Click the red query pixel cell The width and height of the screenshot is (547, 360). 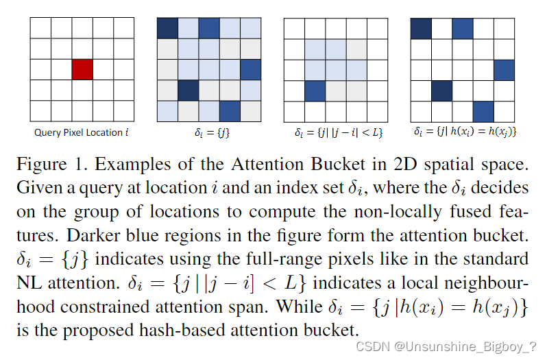pos(82,69)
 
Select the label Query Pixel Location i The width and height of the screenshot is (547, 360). pos(82,132)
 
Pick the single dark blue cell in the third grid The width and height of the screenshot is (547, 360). pos(315,91)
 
